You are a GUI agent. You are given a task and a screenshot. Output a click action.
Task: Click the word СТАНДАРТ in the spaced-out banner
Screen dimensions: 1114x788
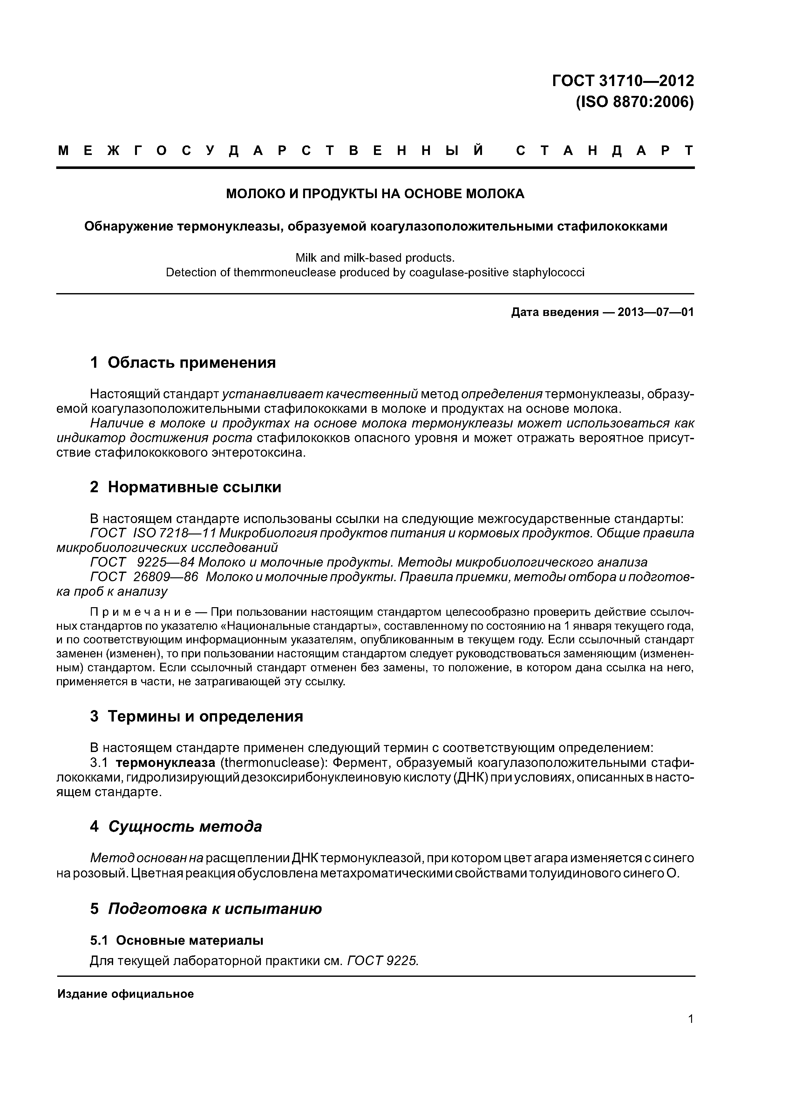coord(604,151)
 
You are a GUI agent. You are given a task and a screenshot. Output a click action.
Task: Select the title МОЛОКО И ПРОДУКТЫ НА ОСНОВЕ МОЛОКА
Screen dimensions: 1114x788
coord(375,194)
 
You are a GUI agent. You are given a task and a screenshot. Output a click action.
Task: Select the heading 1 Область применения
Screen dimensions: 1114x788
coord(183,362)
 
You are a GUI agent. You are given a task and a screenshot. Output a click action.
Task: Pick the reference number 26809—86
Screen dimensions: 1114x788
coord(166,577)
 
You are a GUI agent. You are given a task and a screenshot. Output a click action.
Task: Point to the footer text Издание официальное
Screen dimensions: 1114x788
coord(125,994)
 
